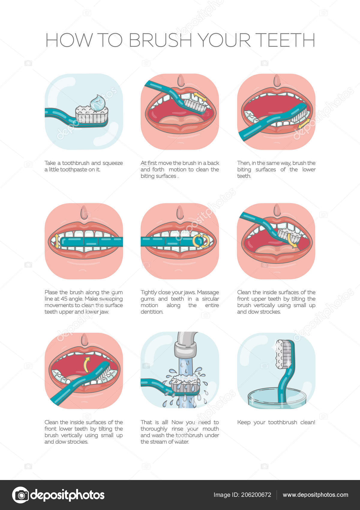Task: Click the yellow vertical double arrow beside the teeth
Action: (x=56, y=241)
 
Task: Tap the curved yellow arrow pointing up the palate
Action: (x=86, y=364)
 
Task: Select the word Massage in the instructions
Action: (x=208, y=292)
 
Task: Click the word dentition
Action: (x=152, y=312)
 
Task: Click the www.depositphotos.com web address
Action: (x=315, y=495)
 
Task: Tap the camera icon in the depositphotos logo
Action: (x=20, y=495)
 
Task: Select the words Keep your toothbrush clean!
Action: (x=276, y=422)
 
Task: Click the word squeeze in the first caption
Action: (x=112, y=163)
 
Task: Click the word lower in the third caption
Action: (x=309, y=169)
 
